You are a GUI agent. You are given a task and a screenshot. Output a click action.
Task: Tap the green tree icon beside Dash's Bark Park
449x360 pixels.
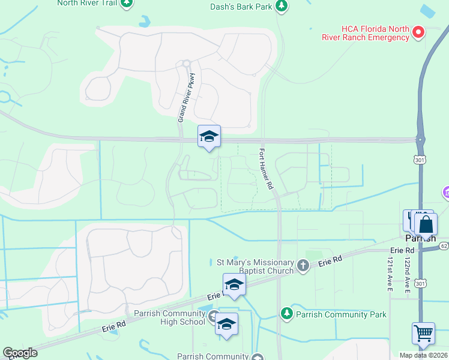282,6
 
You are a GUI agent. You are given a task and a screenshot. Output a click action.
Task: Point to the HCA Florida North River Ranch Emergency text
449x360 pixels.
375,33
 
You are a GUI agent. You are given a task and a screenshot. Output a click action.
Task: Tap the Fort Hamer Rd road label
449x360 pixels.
266,170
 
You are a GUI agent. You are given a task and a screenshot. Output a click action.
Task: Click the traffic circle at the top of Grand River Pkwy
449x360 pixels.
186,63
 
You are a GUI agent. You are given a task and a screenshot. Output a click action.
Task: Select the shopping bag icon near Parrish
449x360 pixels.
426,226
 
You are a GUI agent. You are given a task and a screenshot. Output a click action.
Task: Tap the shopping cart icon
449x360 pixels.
423,334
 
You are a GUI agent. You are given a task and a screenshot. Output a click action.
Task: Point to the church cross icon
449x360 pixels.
304,265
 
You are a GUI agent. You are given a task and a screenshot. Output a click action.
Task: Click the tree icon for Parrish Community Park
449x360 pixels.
287,313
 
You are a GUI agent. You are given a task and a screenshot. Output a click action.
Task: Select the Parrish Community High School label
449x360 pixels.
169,317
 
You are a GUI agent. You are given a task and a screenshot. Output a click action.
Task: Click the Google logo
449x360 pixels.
20,352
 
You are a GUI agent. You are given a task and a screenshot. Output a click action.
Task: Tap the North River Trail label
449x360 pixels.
86,3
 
